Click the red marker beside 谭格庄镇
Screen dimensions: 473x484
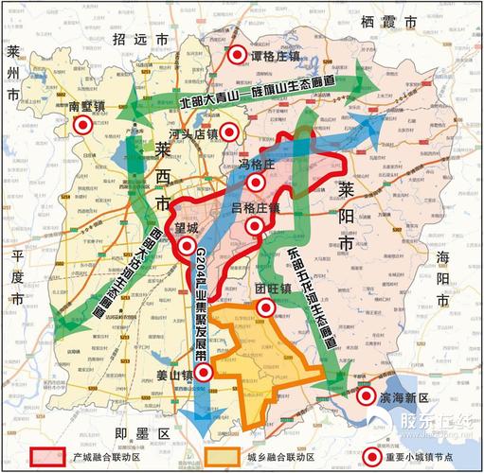point(237,55)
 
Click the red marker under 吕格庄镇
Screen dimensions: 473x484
point(254,225)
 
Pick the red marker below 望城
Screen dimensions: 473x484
point(186,247)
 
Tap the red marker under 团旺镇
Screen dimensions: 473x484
point(266,307)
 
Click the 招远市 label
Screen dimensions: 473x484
point(138,39)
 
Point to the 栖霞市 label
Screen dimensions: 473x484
point(388,22)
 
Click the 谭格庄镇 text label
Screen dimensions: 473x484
point(278,55)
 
